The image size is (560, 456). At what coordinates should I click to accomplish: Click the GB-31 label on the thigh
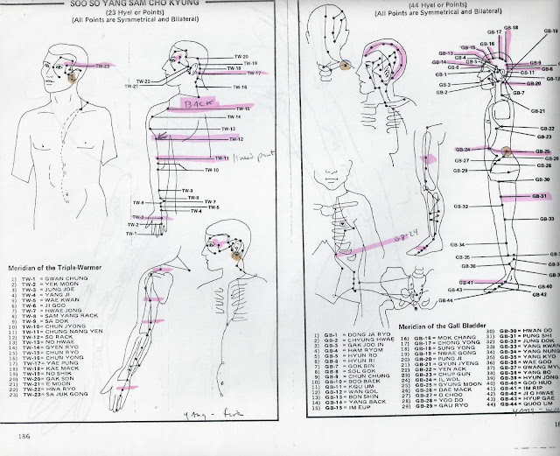point(542,196)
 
